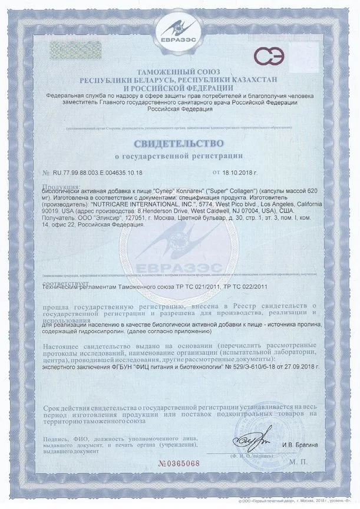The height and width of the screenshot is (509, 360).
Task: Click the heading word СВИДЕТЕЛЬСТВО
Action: coord(179,143)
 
